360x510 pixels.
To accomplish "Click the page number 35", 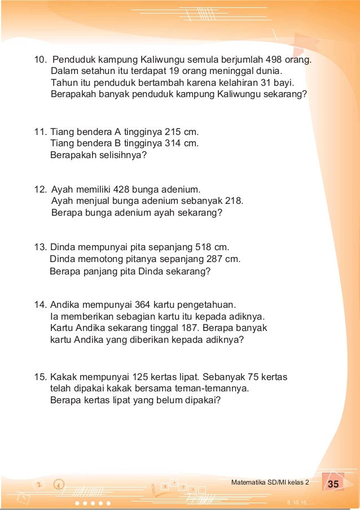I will [333, 484].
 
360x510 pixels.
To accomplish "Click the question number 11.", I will [40, 132].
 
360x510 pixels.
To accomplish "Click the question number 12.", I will [40, 189].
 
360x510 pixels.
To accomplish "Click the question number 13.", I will [40, 247].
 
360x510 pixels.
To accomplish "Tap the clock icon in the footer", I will [59, 484].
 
